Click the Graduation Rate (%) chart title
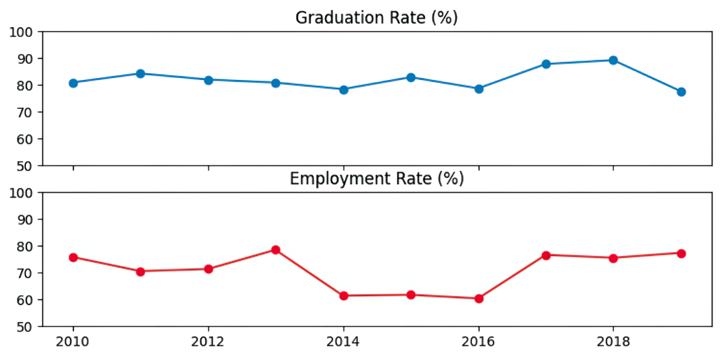[x=376, y=18]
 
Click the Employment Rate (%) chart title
[x=376, y=178]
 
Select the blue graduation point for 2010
[x=73, y=83]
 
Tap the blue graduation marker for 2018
[x=613, y=60]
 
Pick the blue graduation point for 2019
[x=681, y=92]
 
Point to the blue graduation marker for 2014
[x=344, y=89]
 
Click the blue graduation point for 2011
[x=141, y=73]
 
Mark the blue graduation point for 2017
[x=546, y=64]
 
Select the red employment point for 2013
[x=276, y=250]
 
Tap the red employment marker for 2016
[x=478, y=299]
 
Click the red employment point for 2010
[x=73, y=257]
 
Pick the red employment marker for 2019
[x=681, y=254]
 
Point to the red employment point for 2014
[x=344, y=296]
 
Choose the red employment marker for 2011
[x=141, y=271]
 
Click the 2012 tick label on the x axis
[x=208, y=343]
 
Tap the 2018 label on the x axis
[x=613, y=343]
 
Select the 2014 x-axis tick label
[x=344, y=343]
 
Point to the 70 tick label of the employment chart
[x=28, y=273]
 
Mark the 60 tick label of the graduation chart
[x=28, y=139]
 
